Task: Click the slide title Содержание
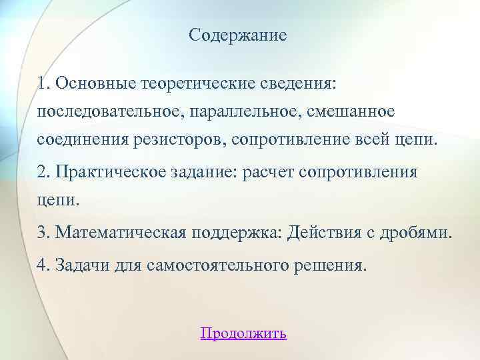(237, 35)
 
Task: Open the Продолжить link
(243, 333)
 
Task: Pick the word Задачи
(81, 265)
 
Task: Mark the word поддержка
(238, 232)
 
